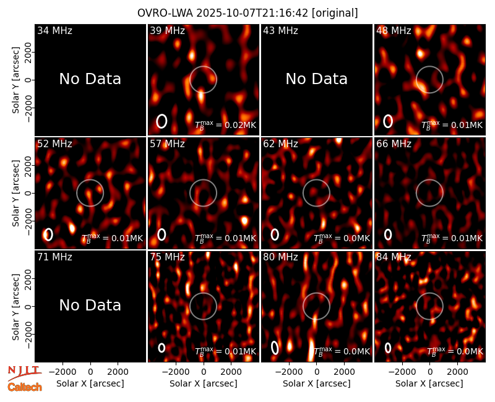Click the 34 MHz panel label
point(54,30)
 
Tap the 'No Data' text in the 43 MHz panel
point(316,79)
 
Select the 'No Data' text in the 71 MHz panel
point(90,305)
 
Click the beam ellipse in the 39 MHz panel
point(161,121)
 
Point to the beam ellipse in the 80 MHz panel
point(275,348)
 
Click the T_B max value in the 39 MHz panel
point(225,124)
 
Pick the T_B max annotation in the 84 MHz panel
point(455,351)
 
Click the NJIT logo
point(25,373)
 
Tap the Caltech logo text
point(25,387)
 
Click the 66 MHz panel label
point(394,144)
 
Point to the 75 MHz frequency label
point(167,257)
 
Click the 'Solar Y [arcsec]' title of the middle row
point(15,193)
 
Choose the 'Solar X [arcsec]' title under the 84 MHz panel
point(429,383)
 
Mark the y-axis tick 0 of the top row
point(28,80)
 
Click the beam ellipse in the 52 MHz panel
point(48,234)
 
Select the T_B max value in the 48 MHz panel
point(452,124)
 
